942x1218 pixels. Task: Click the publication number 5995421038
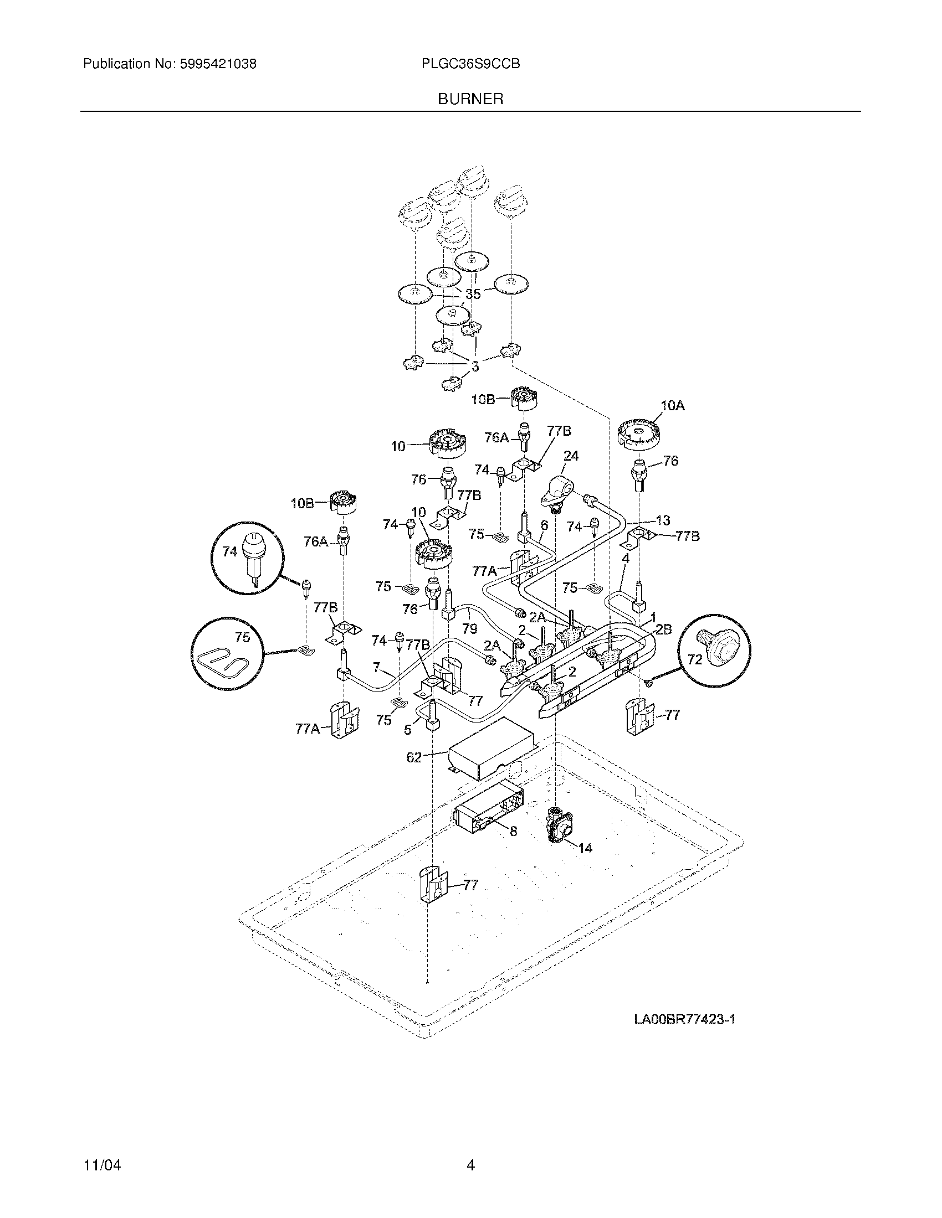click(218, 64)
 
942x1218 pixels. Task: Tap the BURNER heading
click(470, 99)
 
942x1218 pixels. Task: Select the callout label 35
click(473, 295)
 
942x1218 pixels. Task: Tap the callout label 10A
click(672, 406)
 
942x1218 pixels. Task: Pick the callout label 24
click(571, 456)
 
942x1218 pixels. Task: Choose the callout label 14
click(585, 848)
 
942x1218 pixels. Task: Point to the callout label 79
click(470, 629)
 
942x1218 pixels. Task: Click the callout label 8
click(514, 847)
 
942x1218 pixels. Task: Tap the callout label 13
click(663, 520)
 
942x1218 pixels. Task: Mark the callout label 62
click(414, 757)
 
